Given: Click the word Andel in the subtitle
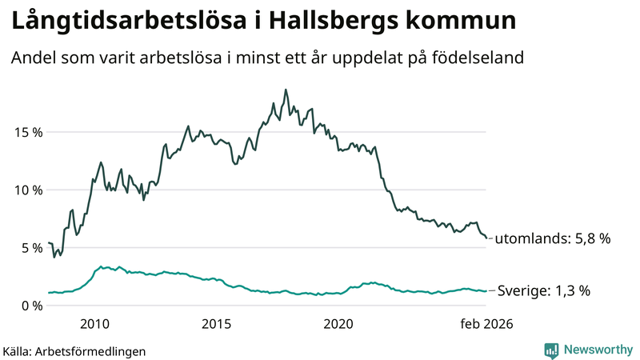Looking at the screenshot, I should (x=32, y=58).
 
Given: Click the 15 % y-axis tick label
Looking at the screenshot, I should (x=26, y=132).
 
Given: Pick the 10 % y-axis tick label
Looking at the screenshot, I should (x=26, y=190).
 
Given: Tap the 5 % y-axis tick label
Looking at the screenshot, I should (x=30, y=248).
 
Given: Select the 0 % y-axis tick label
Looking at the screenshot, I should (x=30, y=306).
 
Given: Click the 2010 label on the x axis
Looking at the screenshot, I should (x=95, y=324).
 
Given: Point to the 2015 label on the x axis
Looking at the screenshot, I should (x=216, y=324).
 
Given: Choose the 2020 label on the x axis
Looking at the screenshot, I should (x=338, y=324).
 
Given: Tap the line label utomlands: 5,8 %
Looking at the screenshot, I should (x=553, y=238).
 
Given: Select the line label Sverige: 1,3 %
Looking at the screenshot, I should (x=544, y=291).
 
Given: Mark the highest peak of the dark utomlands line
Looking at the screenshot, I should (x=286, y=90).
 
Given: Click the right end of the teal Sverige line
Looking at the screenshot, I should (x=486, y=290).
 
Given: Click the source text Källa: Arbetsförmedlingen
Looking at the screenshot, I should (x=74, y=350).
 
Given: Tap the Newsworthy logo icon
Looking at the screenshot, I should (x=551, y=350).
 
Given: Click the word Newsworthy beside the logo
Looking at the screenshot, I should (x=596, y=350).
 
